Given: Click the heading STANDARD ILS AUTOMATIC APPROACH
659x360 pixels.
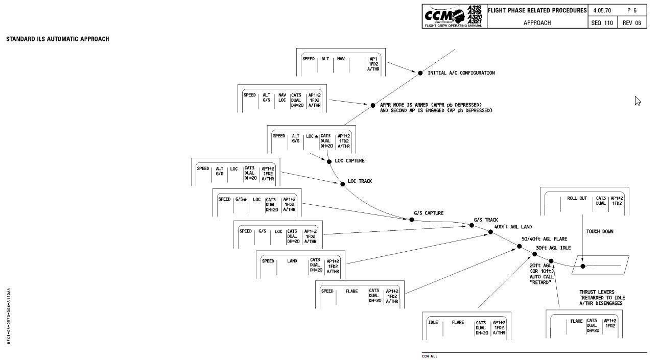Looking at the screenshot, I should (57, 39).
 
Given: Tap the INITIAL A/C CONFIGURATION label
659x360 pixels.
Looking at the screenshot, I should (461, 73).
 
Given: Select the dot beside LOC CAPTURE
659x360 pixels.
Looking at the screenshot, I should (329, 161).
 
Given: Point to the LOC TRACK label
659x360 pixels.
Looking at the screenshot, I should (360, 181).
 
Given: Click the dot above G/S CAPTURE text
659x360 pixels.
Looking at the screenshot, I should (412, 220).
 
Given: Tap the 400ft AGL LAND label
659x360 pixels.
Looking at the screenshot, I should (513, 226).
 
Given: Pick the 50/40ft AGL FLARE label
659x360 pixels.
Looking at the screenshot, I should (544, 238).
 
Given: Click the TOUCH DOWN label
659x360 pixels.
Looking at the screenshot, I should (600, 232).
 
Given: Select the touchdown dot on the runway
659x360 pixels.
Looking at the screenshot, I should (583, 266).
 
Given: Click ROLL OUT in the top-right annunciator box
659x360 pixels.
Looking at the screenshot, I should (577, 198).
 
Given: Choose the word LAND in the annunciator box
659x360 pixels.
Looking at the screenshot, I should (292, 261).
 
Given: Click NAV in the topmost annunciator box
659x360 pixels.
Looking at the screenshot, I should (340, 59).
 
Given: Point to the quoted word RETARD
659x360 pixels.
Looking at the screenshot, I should (540, 282).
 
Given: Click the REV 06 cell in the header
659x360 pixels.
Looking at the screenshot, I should (631, 23).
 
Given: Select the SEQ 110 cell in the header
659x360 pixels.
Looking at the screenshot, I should (602, 23).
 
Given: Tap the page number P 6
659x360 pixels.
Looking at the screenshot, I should (631, 11).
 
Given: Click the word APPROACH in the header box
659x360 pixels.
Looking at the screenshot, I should (537, 23).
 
